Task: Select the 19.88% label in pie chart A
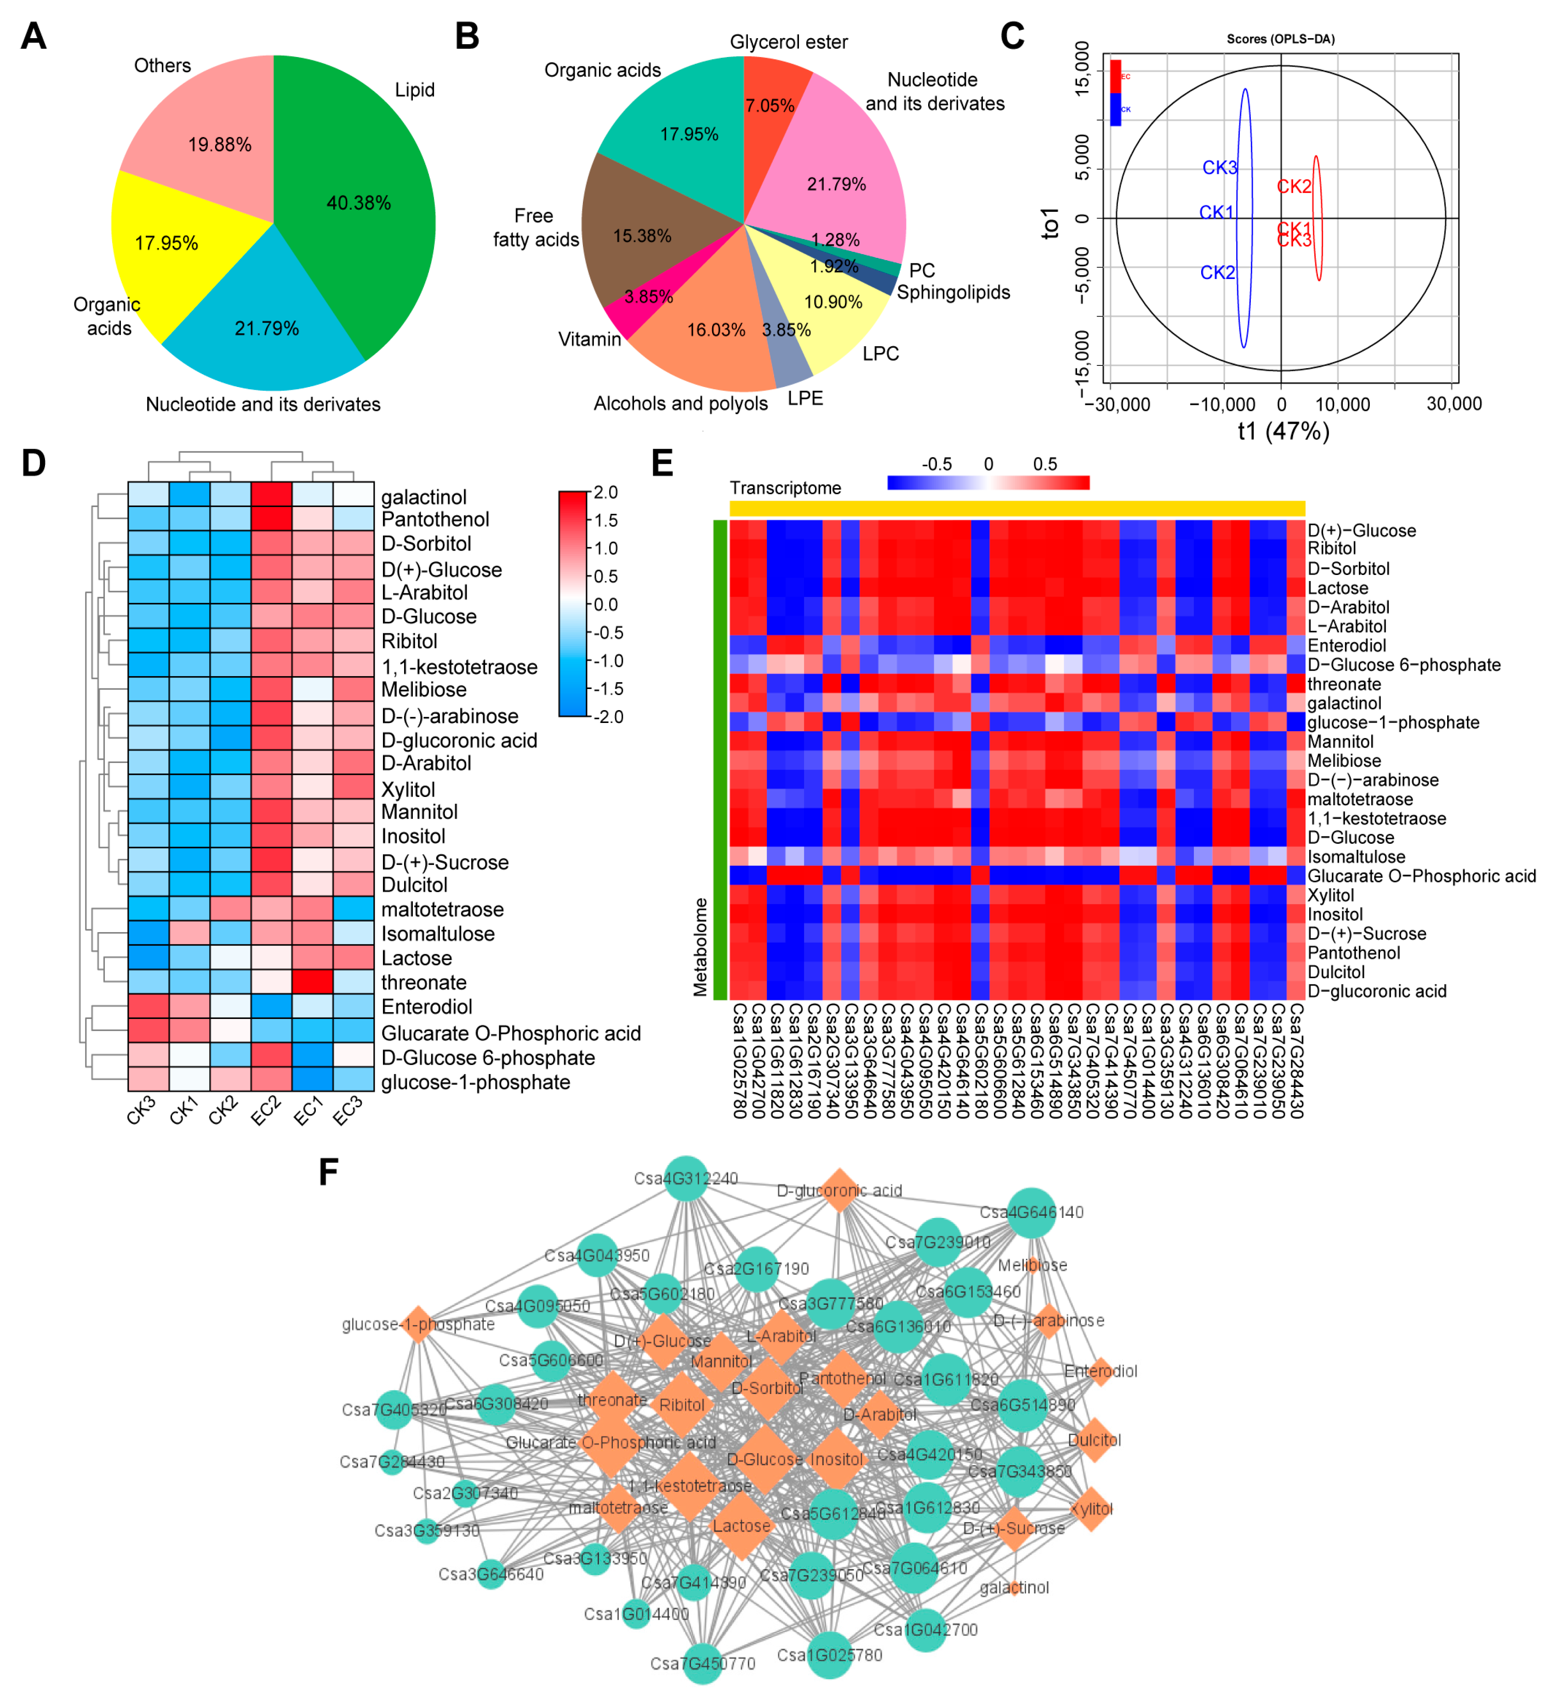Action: [219, 145]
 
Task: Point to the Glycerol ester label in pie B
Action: [788, 42]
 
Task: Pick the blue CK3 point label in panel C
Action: [1219, 168]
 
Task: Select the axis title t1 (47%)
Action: [1283, 432]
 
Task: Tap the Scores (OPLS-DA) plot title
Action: [1280, 39]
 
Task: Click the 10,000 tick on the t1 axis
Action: [1342, 405]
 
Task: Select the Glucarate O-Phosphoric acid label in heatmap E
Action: [1420, 876]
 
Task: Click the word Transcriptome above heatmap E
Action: [785, 488]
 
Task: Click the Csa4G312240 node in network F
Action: [686, 1178]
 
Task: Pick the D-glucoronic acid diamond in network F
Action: [839, 1190]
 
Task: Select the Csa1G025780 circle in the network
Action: [830, 1656]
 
